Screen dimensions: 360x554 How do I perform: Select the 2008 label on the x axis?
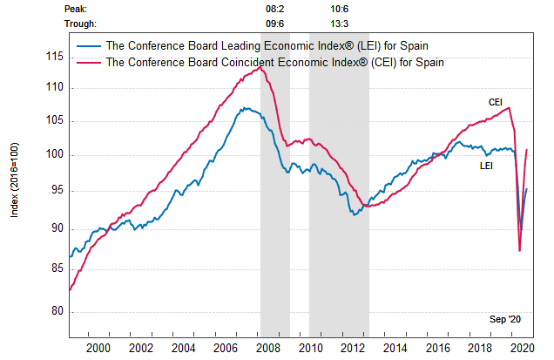[x=268, y=347]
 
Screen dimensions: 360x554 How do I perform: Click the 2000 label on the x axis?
[x=98, y=347]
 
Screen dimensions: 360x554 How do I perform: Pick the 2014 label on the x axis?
[x=395, y=347]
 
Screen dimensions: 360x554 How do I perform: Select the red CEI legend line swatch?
[x=87, y=63]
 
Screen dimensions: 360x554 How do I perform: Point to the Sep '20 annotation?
[x=504, y=320]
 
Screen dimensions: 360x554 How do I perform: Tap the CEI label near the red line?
[x=495, y=102]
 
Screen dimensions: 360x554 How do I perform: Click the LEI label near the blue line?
[x=488, y=165]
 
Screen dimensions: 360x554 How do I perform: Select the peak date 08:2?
[x=273, y=8]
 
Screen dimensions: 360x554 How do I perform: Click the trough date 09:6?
[x=273, y=24]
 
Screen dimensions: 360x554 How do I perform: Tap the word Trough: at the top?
[x=82, y=24]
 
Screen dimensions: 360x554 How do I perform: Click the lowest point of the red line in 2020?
[x=520, y=251]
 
